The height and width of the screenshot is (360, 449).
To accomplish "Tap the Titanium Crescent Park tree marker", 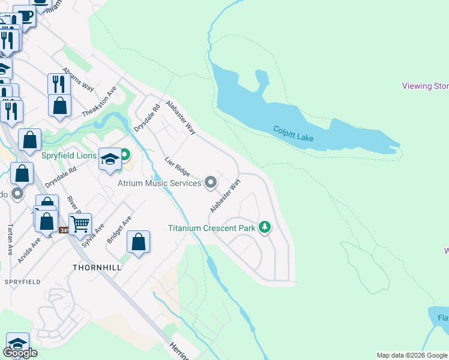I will pyautogui.click(x=265, y=227).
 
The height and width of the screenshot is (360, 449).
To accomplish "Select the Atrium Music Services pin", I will pyautogui.click(x=210, y=182).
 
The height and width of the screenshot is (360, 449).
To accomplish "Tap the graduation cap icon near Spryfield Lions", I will pyautogui.click(x=110, y=159).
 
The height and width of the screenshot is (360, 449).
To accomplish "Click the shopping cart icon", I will pyautogui.click(x=80, y=224).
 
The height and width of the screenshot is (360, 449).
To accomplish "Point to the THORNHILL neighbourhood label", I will pyautogui.click(x=96, y=267).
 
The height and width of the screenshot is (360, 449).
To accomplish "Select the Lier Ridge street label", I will pyautogui.click(x=178, y=167).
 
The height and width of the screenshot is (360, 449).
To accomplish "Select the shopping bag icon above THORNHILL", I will pyautogui.click(x=139, y=242).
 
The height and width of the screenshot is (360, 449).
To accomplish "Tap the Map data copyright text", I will pyautogui.click(x=412, y=355).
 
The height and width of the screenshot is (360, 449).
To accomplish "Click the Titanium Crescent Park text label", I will pyautogui.click(x=211, y=228).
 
